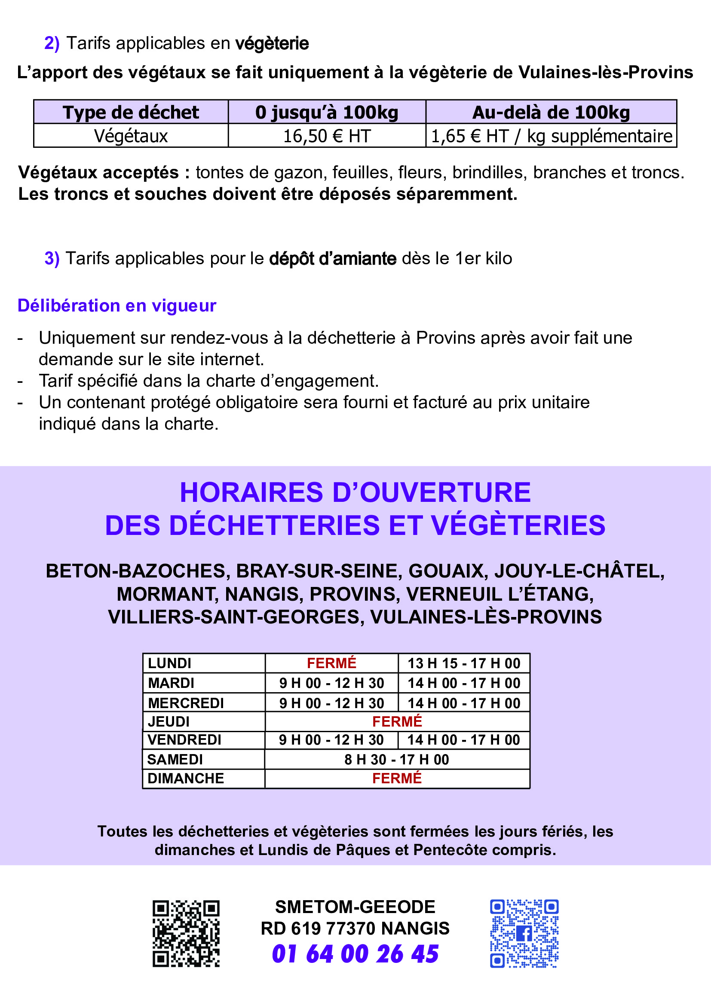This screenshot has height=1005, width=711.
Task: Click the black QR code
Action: (186, 933)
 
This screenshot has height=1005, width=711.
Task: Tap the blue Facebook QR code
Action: (524, 933)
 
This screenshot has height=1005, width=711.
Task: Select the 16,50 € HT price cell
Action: (327, 136)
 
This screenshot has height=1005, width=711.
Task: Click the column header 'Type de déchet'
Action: (131, 113)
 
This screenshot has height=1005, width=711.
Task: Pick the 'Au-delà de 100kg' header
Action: (551, 113)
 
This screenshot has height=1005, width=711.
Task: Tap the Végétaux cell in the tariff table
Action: (131, 136)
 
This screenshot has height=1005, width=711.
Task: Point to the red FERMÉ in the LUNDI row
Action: (331, 663)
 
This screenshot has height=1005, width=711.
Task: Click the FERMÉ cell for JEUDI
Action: (397, 721)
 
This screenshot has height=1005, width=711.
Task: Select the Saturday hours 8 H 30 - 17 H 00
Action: (397, 759)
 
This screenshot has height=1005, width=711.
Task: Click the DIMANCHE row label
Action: (186, 778)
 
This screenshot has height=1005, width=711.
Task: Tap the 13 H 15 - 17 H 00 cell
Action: (464, 663)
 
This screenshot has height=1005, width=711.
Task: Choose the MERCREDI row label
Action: (186, 703)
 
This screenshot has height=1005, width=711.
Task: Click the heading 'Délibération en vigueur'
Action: (117, 305)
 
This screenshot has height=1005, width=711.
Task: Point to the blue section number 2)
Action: (52, 43)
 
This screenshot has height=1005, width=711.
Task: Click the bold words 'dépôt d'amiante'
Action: (333, 259)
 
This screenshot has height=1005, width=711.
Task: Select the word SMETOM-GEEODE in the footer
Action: (355, 907)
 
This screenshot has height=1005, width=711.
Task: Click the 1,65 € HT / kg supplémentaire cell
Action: (552, 136)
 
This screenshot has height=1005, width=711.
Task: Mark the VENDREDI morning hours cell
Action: (331, 740)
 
